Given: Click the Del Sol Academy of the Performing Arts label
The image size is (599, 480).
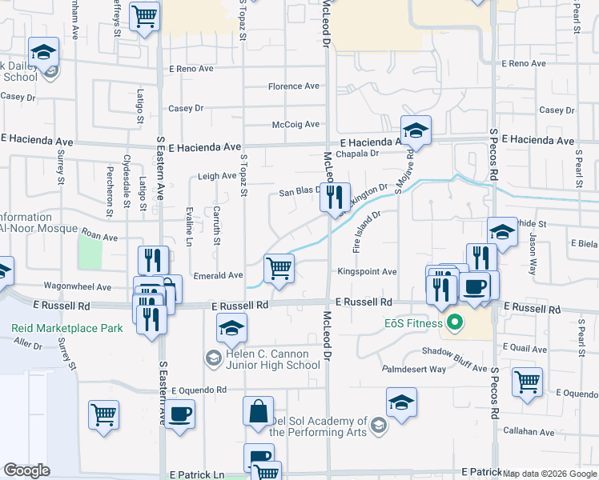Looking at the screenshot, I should pyautogui.click(x=318, y=426).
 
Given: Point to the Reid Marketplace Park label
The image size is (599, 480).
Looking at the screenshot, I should pyautogui.click(x=67, y=328).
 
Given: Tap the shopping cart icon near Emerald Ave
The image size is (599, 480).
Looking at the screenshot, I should pyautogui.click(x=278, y=269).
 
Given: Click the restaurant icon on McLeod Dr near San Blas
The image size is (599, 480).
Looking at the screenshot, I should pyautogui.click(x=335, y=198).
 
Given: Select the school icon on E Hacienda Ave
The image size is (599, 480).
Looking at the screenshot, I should pyautogui.click(x=416, y=130).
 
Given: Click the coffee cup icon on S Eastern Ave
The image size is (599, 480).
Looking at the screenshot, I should pyautogui.click(x=179, y=414).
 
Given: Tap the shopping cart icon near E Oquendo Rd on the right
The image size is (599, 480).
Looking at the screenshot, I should pyautogui.click(x=527, y=382).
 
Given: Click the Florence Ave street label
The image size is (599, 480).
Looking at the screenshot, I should pyautogui.click(x=294, y=86).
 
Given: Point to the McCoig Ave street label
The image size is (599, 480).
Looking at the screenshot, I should pyautogui.click(x=295, y=124).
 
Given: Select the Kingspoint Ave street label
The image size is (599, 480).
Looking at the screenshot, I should pyautogui.click(x=367, y=272).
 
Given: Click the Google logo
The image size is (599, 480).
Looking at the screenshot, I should pyautogui.click(x=26, y=470).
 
